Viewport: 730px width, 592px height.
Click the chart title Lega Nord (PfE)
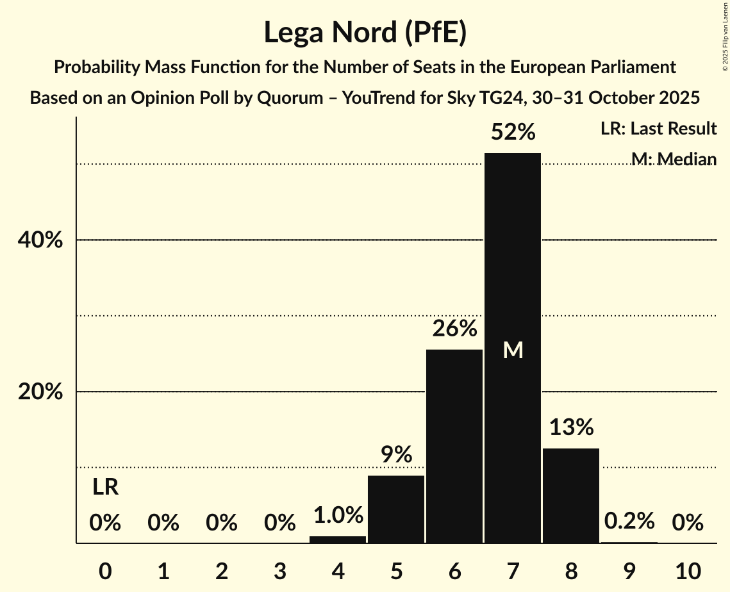point(365,32)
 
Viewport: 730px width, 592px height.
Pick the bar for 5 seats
point(396,509)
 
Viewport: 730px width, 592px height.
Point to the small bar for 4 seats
point(338,539)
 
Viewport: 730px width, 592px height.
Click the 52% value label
point(513,132)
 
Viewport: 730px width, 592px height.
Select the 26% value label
point(454,329)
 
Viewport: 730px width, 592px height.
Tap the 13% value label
point(571,427)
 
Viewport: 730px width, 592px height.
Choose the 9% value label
point(396,455)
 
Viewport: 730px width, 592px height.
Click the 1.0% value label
point(338,515)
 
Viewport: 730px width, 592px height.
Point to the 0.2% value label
point(629,521)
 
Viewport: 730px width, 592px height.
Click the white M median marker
point(513,350)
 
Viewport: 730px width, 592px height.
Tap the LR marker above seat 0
point(105,488)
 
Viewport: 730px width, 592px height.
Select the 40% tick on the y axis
point(40,240)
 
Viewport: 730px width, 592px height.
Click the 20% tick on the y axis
point(40,391)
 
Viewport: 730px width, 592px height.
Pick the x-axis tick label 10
point(688,570)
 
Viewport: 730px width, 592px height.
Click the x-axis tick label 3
point(279,570)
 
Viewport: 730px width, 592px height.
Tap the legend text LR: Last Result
point(658,129)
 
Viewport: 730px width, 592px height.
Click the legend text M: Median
point(673,158)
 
